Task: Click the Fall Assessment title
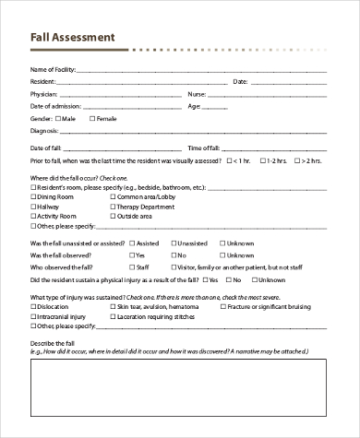point(73,38)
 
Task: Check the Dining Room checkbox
point(34,197)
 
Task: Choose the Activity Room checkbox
point(34,216)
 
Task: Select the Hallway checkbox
point(34,207)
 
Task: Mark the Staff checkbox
point(132,266)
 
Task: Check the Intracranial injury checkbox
point(34,316)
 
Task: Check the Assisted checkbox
point(132,244)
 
